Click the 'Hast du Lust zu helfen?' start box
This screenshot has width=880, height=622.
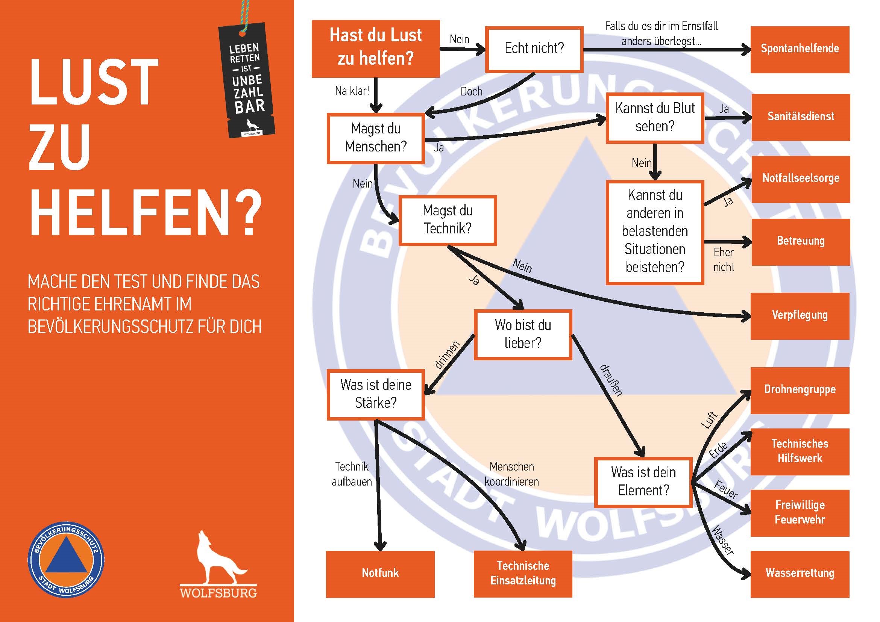[375, 48]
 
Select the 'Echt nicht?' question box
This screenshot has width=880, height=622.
[534, 49]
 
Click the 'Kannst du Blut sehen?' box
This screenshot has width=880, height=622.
[655, 118]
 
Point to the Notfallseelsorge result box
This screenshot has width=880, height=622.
[800, 179]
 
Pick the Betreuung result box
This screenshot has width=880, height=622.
[800, 242]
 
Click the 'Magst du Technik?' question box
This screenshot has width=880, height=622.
[447, 220]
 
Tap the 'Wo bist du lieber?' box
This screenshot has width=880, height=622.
[523, 334]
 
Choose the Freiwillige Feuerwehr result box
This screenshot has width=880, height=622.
[800, 513]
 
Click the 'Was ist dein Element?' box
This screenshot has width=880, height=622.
[643, 482]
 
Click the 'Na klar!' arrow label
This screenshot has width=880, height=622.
[352, 91]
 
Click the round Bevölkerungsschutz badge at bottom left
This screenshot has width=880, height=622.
[66, 560]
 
